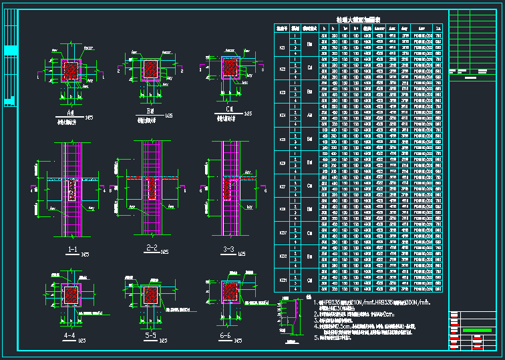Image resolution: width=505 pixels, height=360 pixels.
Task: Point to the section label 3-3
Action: click(228, 250)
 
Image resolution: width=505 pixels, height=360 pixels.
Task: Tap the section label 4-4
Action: click(69, 335)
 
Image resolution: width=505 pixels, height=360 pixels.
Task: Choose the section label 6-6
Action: click(226, 335)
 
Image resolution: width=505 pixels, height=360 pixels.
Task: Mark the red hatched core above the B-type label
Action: click(151, 68)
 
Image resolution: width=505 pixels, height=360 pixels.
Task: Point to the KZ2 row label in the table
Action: click(281, 69)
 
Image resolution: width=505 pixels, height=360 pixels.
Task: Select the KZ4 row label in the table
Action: click(281, 116)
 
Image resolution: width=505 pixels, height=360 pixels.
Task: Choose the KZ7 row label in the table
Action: click(281, 186)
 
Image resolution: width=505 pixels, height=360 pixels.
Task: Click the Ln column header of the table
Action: click(437, 28)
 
